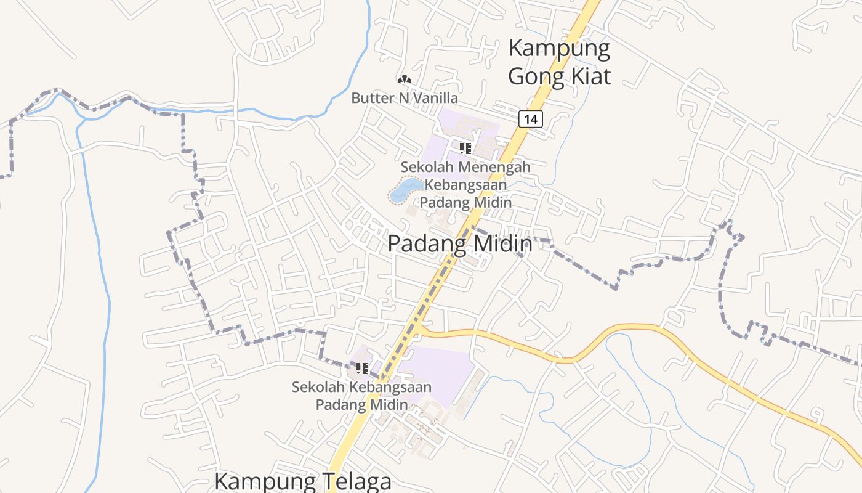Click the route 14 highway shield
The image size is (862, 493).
(530, 118)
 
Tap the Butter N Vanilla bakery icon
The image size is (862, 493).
(404, 79)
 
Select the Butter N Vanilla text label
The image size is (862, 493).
(405, 98)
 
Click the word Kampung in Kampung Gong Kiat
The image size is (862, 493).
(559, 49)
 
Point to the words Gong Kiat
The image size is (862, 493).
(559, 76)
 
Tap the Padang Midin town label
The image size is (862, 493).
(459, 244)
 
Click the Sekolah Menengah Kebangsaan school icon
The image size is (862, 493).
(465, 148)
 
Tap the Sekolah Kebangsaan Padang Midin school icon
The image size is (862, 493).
(361, 369)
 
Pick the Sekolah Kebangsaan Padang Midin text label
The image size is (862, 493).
(361, 396)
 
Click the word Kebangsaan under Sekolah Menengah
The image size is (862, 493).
(466, 184)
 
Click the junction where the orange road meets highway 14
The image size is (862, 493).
(417, 332)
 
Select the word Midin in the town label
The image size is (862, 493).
(502, 244)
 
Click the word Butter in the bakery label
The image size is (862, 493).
(368, 98)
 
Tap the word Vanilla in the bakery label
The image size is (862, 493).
(437, 98)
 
